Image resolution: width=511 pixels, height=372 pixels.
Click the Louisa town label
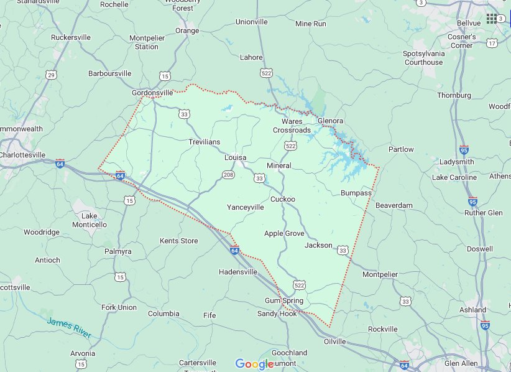coord(236,157)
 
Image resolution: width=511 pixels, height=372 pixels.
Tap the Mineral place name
coord(279,165)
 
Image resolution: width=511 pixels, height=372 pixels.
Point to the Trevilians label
coord(204,142)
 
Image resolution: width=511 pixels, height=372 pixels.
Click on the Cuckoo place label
coord(282,199)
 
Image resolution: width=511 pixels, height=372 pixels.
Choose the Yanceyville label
coord(245,207)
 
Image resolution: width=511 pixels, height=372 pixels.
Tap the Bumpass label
coord(356,193)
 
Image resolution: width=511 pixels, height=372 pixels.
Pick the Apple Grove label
coord(284,233)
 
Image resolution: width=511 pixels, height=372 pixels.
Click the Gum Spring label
coord(284,300)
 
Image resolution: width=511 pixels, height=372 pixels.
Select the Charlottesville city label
coord(23,154)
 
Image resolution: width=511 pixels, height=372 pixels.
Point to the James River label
coord(68,328)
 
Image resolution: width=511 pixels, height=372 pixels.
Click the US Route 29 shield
coord(52,75)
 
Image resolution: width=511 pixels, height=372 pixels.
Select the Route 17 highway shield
coord(492,43)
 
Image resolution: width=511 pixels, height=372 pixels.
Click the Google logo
coord(255,364)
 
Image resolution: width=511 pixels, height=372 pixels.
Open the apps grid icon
coord(492,18)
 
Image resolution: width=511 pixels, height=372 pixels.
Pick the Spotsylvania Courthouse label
coord(424,58)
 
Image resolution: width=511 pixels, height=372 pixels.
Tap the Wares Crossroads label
coord(292,126)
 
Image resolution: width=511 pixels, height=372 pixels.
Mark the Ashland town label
coord(472,310)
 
